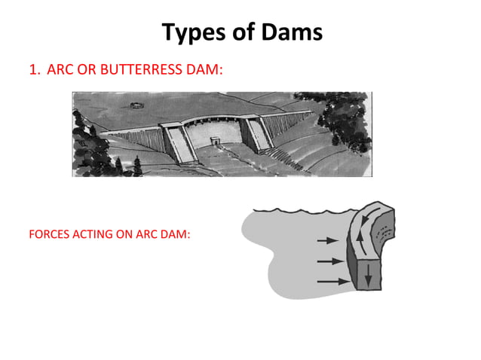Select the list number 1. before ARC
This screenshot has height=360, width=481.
pos(34,70)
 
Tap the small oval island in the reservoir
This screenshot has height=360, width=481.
pos(137,99)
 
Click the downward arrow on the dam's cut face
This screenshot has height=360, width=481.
pos(367,275)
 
